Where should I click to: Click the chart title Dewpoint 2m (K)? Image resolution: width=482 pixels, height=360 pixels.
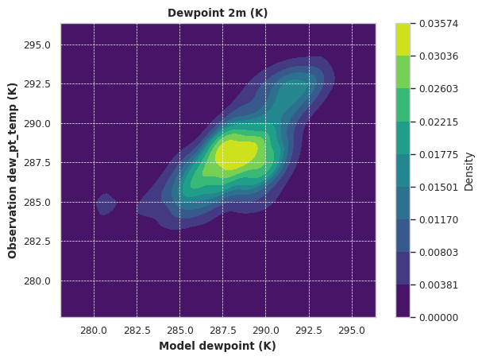(218, 13)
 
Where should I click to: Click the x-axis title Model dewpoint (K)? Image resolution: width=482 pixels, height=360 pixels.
(218, 346)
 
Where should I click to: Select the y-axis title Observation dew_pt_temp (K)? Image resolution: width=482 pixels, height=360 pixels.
(12, 171)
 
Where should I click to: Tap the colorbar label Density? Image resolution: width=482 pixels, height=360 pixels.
(469, 172)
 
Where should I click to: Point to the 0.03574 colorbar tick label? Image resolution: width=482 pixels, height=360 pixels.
(438, 24)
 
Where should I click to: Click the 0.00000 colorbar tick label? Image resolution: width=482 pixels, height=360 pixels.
(438, 317)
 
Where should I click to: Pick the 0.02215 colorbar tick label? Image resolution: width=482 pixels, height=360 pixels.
(438, 122)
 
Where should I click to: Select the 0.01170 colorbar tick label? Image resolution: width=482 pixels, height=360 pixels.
(438, 220)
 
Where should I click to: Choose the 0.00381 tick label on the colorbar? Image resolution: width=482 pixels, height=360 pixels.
(438, 285)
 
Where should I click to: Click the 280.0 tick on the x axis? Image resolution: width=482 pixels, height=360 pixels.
(94, 331)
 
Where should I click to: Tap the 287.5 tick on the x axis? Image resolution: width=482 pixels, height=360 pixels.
(223, 331)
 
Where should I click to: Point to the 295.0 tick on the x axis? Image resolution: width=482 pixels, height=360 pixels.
(352, 331)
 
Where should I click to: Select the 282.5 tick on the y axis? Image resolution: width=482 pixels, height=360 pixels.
(37, 242)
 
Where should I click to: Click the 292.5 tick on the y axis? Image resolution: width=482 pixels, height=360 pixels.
(37, 84)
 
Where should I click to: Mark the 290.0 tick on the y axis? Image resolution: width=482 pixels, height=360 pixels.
(37, 124)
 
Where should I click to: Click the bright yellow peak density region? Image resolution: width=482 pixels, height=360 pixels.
(236, 155)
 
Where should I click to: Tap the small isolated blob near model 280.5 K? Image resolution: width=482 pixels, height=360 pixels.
(106, 204)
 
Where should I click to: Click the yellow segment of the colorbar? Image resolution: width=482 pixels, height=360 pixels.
(403, 40)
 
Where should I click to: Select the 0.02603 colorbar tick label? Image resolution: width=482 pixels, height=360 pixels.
(438, 89)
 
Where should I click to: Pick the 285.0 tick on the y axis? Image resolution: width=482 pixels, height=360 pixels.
(37, 203)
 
